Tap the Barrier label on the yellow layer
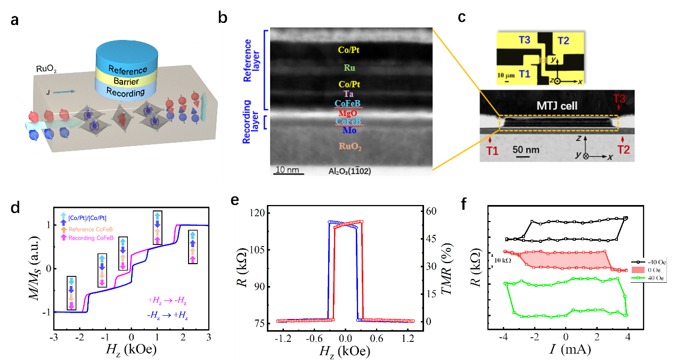click(x=126, y=81)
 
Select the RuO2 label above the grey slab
click(x=46, y=69)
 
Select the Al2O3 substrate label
click(x=353, y=171)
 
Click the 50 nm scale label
click(x=525, y=150)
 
